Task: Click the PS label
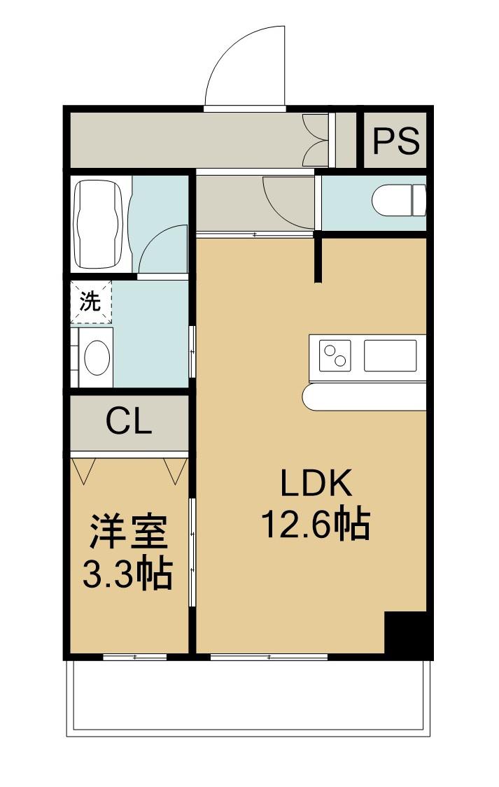pyautogui.click(x=396, y=141)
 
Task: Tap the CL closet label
pyautogui.click(x=129, y=422)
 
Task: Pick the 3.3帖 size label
pyautogui.click(x=128, y=573)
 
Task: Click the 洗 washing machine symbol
pyautogui.click(x=91, y=302)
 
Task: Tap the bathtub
pyautogui.click(x=99, y=224)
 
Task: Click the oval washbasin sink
pyautogui.click(x=97, y=357)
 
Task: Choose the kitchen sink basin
pyautogui.click(x=390, y=355)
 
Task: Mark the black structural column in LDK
pyautogui.click(x=406, y=632)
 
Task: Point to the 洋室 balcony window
pyautogui.click(x=135, y=656)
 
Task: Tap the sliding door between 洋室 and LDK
pyautogui.click(x=192, y=552)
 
